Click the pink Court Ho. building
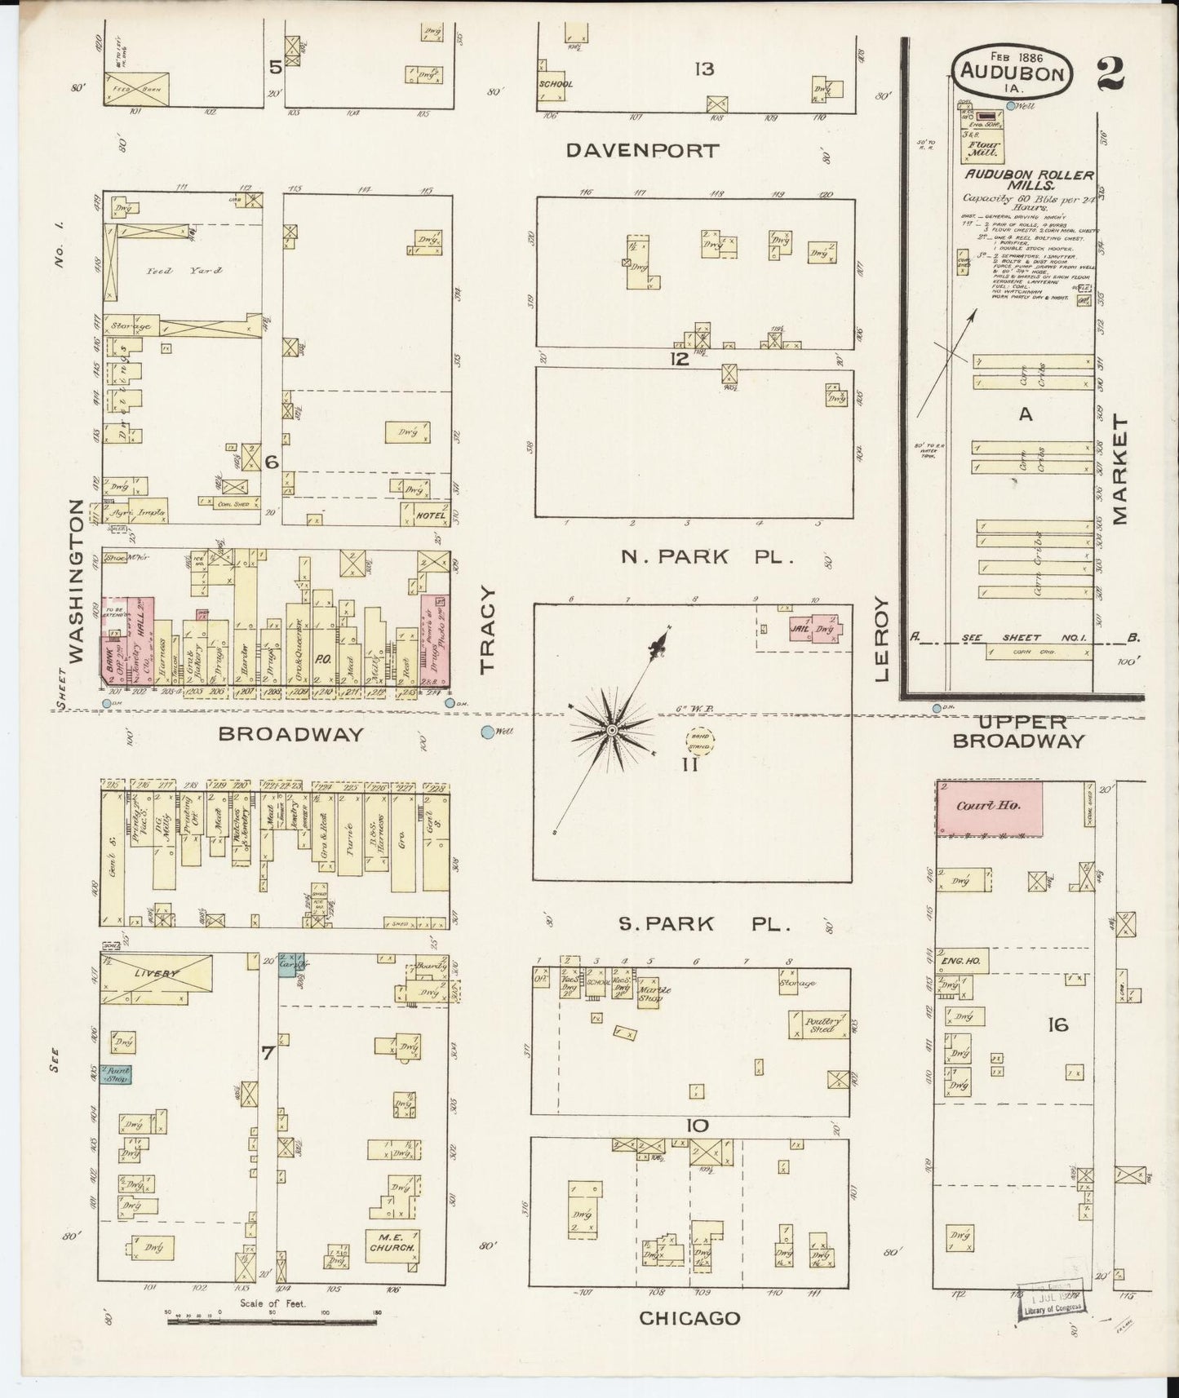pos(988,807)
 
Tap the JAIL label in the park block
pos(799,628)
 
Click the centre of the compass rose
pos(611,728)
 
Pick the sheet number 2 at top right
pos(1110,73)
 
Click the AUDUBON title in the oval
pos(1012,72)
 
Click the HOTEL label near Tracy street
pos(430,515)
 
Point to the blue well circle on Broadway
pos(487,732)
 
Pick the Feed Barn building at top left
pos(136,88)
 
